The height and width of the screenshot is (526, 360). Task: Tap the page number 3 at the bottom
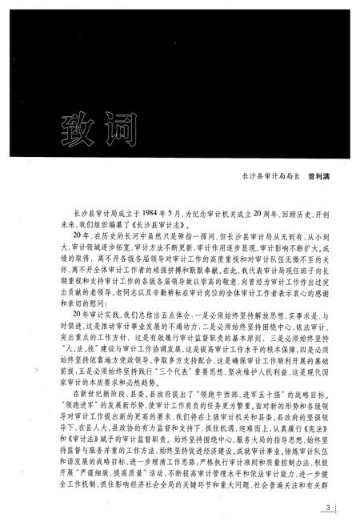329,507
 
